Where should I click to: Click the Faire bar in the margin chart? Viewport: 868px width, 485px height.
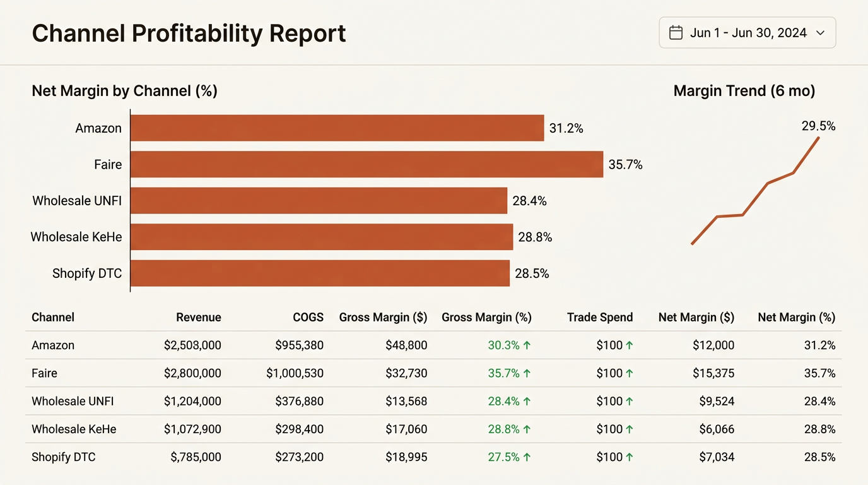[x=366, y=164]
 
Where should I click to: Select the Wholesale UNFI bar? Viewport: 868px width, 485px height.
[x=319, y=201]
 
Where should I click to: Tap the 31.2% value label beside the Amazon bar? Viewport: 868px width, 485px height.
[x=566, y=129]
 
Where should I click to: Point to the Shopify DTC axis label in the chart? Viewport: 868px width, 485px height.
[x=87, y=273]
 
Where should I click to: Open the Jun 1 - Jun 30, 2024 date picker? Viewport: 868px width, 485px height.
[x=748, y=33]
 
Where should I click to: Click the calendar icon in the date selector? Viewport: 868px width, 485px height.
[x=676, y=33]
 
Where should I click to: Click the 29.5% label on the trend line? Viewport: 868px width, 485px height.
[x=818, y=126]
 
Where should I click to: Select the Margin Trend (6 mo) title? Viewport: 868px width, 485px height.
[x=744, y=91]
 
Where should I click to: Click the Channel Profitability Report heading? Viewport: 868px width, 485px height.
[x=189, y=33]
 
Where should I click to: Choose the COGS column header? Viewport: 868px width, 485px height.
[x=308, y=318]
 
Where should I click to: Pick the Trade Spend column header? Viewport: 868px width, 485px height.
[x=599, y=318]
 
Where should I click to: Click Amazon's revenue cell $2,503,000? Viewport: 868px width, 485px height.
[x=192, y=345]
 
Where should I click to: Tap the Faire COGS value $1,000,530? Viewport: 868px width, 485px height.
[x=295, y=373]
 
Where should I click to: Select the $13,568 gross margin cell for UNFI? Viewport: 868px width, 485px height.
[x=406, y=401]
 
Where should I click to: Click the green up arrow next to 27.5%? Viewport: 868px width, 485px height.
[x=527, y=457]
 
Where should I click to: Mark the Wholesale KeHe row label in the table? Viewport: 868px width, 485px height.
[x=74, y=429]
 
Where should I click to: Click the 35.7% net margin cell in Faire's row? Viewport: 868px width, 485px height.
[x=819, y=373]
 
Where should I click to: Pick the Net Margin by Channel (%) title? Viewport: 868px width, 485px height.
[x=124, y=91]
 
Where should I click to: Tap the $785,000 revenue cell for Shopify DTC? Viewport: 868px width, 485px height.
[x=196, y=457]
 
